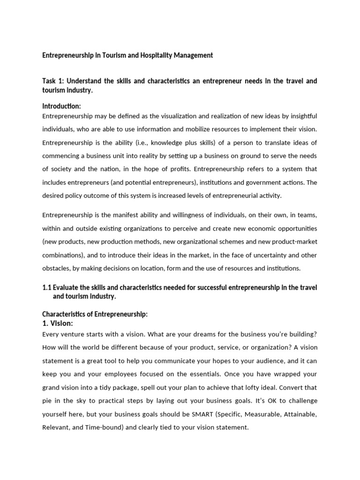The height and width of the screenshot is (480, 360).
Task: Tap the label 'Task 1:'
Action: click(x=52, y=81)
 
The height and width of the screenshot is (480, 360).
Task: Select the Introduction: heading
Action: click(x=61, y=106)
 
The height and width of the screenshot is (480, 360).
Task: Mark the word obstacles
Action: click(x=55, y=268)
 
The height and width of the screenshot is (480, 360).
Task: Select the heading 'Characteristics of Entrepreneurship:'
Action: click(x=95, y=315)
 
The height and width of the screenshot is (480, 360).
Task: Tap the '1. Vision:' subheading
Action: click(x=58, y=323)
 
